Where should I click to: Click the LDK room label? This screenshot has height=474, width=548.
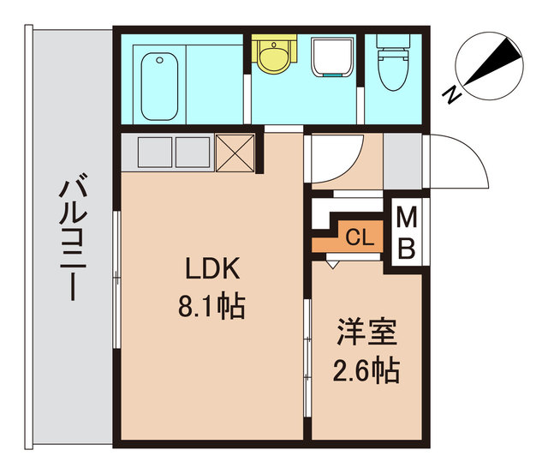click(211, 269)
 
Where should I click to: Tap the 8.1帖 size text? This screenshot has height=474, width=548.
click(211, 306)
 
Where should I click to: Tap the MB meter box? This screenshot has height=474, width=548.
click(407, 234)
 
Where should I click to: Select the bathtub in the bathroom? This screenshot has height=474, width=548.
click(159, 86)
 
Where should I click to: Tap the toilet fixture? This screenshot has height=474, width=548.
click(394, 64)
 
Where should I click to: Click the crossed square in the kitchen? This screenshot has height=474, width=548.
click(235, 153)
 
